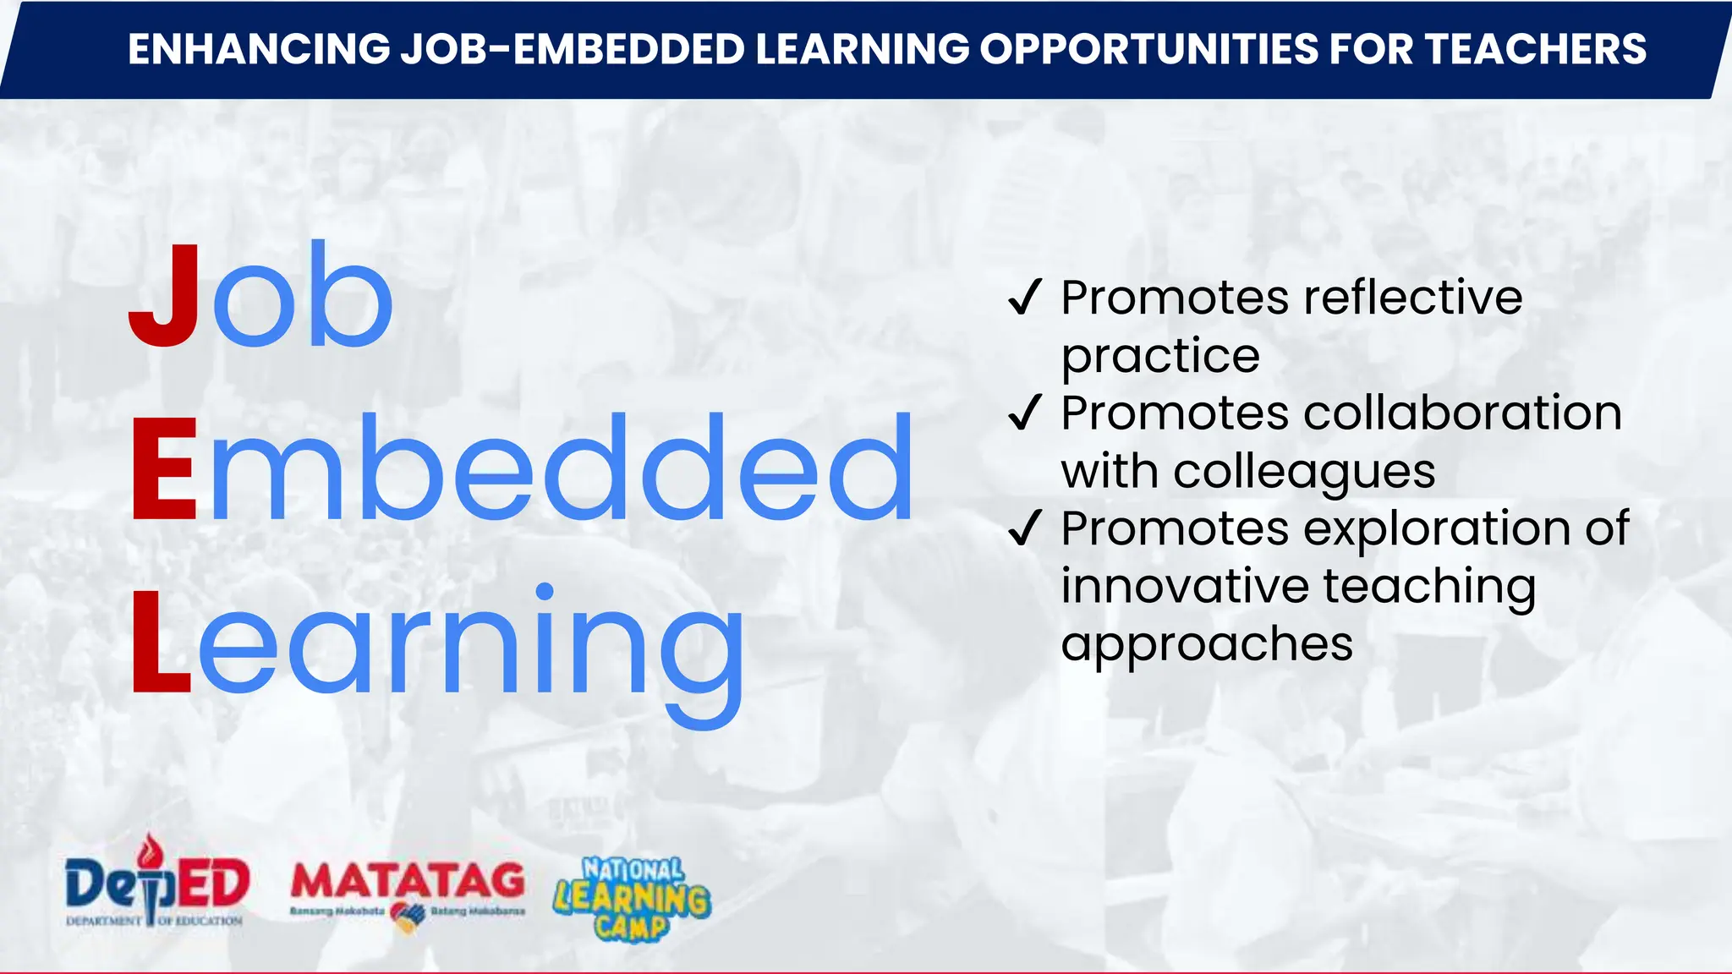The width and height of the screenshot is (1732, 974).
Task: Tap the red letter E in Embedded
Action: pyautogui.click(x=164, y=469)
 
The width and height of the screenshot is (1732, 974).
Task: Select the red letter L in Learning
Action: pyautogui.click(x=161, y=641)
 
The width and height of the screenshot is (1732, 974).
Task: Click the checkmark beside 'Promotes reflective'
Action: pyautogui.click(x=1024, y=298)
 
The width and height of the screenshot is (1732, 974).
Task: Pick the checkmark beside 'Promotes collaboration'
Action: pyautogui.click(x=1024, y=413)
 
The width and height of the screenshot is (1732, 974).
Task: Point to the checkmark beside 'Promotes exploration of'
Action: pyautogui.click(x=1024, y=528)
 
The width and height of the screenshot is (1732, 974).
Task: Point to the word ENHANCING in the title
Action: pyautogui.click(x=259, y=49)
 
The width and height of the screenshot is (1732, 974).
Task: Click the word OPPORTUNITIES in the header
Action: pyautogui.click(x=1149, y=49)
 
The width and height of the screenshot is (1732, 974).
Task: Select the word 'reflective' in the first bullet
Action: pyautogui.click(x=1413, y=297)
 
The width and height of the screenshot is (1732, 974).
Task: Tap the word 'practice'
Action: pyautogui.click(x=1160, y=356)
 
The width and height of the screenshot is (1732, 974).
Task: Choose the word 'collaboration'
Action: pyautogui.click(x=1462, y=413)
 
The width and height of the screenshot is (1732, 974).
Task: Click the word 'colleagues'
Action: pyautogui.click(x=1304, y=472)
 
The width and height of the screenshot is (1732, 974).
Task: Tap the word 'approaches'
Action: pyautogui.click(x=1207, y=645)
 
